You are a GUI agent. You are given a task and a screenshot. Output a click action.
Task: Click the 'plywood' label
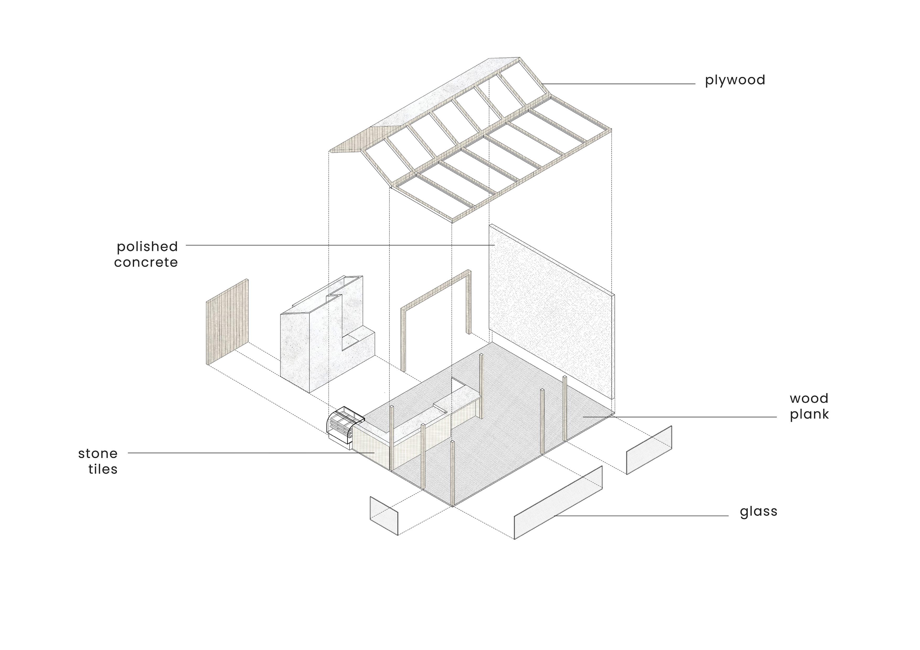[735, 80]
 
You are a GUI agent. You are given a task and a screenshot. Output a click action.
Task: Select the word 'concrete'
[146, 263]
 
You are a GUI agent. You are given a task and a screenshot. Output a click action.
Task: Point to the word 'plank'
[809, 414]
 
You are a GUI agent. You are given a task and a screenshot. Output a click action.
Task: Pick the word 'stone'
[98, 454]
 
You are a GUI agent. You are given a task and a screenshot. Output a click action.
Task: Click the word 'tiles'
[103, 469]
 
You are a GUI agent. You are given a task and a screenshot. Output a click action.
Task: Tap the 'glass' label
[758, 511]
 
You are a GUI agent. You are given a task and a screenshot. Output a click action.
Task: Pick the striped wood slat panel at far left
[227, 322]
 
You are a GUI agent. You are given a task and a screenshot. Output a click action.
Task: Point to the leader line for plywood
[617, 84]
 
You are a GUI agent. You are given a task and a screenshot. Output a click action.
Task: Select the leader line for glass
[641, 516]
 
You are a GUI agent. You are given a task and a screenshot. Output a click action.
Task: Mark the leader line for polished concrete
[336, 245]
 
